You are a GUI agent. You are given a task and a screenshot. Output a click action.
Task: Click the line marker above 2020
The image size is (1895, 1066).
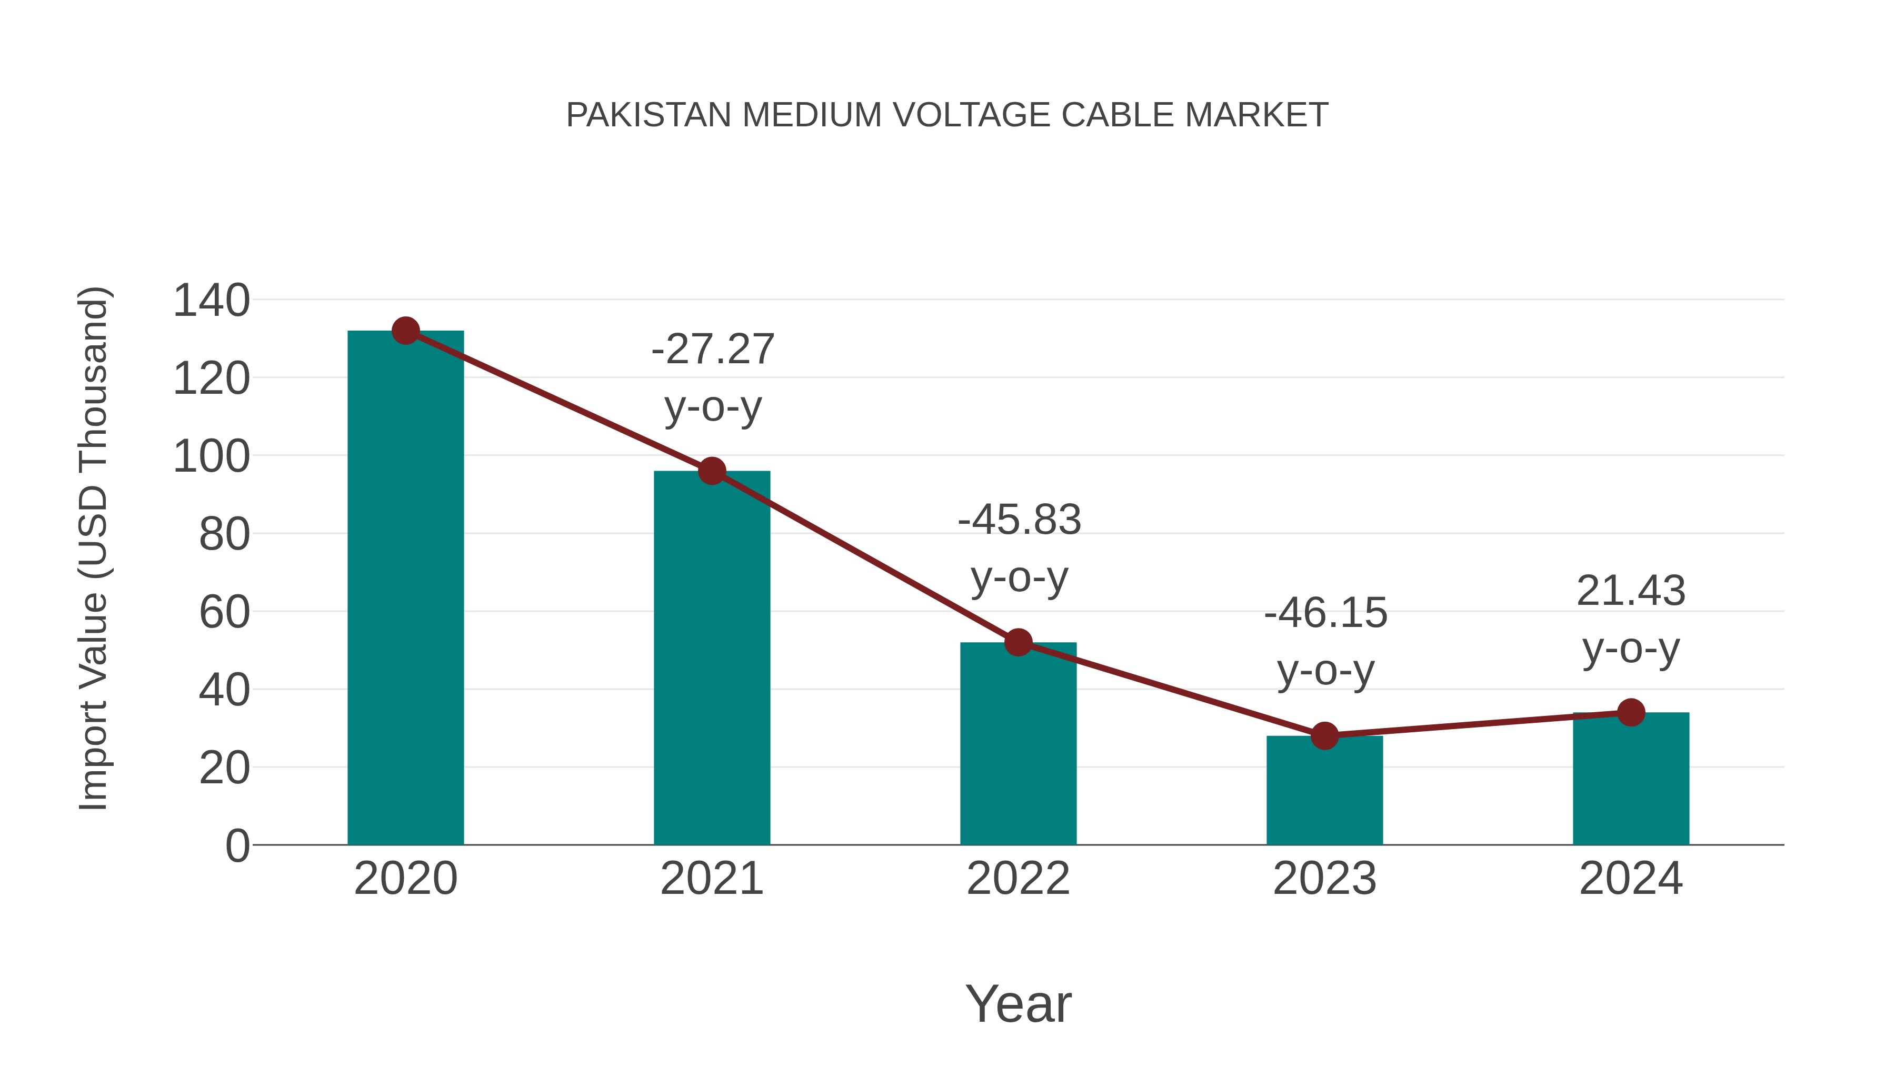pyautogui.click(x=405, y=331)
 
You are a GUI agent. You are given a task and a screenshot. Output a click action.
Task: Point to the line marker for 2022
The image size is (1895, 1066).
pyautogui.click(x=1018, y=642)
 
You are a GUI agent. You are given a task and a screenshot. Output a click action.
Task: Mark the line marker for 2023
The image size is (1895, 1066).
pyautogui.click(x=1324, y=736)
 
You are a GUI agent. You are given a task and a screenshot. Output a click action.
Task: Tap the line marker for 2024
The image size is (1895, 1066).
pyautogui.click(x=1631, y=712)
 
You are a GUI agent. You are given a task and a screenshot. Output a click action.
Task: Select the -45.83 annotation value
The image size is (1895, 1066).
pyautogui.click(x=1019, y=520)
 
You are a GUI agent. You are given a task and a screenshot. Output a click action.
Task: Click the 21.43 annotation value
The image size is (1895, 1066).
pyautogui.click(x=1631, y=591)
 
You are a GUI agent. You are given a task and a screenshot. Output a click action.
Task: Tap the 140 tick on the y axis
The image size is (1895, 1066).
pyautogui.click(x=211, y=301)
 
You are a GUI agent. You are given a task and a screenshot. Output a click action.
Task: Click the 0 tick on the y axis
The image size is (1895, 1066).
pyautogui.click(x=237, y=845)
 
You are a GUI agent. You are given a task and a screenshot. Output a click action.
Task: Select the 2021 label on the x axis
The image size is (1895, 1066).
pyautogui.click(x=711, y=879)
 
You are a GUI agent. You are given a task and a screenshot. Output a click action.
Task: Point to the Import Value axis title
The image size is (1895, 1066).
pyautogui.click(x=93, y=548)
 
